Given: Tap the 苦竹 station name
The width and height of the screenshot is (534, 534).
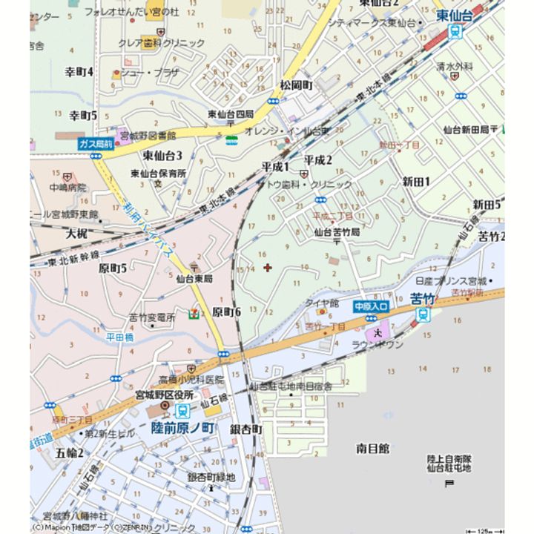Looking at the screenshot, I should click(x=422, y=300).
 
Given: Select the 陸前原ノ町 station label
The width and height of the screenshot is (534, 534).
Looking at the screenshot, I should click(x=182, y=428).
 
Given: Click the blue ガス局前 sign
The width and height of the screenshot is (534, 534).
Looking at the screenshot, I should click(x=96, y=144).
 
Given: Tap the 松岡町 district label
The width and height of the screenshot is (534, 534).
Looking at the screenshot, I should click(x=296, y=86).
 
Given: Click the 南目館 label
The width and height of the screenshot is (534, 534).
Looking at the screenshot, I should click(x=372, y=449).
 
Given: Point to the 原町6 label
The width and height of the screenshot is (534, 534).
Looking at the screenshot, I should click(x=226, y=312).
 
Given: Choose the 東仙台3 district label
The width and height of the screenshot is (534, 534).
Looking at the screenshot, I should click(x=162, y=156).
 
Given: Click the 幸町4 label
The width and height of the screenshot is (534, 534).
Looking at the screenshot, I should click(x=79, y=72).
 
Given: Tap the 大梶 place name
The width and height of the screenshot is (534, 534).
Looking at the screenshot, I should click(x=76, y=234).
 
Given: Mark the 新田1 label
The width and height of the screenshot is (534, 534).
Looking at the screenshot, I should click(x=417, y=182).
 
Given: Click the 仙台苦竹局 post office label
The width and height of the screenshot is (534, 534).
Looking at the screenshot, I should click(x=336, y=232).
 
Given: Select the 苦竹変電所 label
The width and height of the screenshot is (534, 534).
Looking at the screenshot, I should click(x=151, y=317).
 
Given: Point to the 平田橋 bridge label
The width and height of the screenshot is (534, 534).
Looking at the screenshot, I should click(x=119, y=337).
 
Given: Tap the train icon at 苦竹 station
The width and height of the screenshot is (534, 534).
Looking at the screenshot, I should click(x=423, y=314).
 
